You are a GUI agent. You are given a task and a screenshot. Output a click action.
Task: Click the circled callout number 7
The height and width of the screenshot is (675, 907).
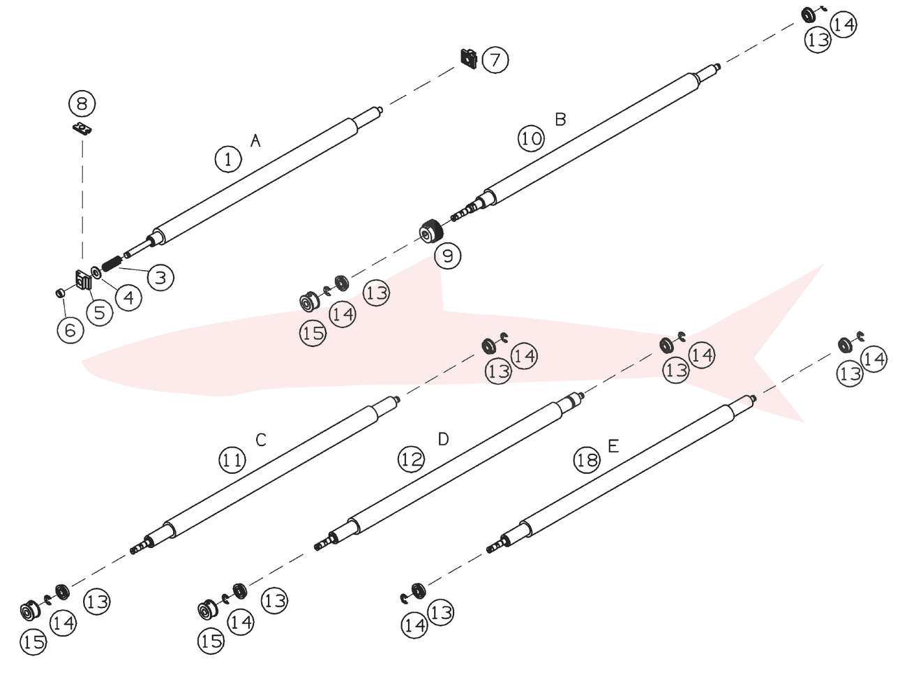click(x=495, y=60)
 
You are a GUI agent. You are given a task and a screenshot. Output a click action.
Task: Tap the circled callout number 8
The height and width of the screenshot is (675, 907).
click(x=82, y=103)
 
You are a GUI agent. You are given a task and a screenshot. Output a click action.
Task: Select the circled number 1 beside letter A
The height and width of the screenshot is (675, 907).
click(x=228, y=159)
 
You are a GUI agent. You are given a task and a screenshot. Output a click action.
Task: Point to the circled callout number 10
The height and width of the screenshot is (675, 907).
click(x=531, y=139)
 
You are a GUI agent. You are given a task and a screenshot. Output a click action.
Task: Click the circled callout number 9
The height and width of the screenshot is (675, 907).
click(x=448, y=256)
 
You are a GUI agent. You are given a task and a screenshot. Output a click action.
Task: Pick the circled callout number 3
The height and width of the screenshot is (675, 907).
click(x=160, y=278)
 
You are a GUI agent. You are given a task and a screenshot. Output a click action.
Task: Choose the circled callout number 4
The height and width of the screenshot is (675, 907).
click(x=129, y=297)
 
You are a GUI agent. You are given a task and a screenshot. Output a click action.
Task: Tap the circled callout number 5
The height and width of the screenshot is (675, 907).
click(x=99, y=313)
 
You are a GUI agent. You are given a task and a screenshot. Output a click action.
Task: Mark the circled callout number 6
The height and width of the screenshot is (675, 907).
click(x=70, y=330)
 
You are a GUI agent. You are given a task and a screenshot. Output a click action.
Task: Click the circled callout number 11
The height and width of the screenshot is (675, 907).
click(x=232, y=460)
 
